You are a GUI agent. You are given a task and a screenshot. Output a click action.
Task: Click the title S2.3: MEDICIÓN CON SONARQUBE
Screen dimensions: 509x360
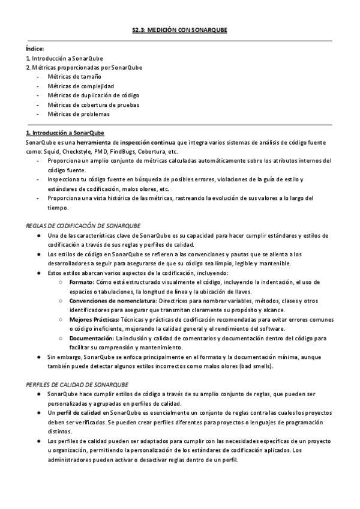pyautogui.click(x=179, y=29)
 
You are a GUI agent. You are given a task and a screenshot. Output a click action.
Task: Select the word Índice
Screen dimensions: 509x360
pyautogui.click(x=35, y=49)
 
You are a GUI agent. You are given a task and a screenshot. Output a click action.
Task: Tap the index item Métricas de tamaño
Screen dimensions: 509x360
pyautogui.click(x=75, y=77)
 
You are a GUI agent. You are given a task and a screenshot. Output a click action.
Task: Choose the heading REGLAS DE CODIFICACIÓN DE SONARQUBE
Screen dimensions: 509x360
pyautogui.click(x=83, y=225)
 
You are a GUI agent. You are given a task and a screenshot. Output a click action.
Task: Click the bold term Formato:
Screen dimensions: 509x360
pyautogui.click(x=81, y=282)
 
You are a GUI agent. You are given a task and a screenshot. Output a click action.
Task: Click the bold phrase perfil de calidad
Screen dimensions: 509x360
pyautogui.click(x=78, y=414)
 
